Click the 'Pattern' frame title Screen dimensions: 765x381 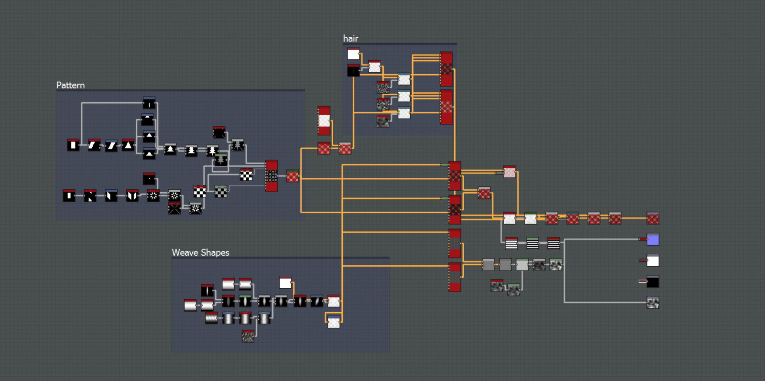pos(70,85)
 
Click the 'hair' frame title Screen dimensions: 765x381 pos(350,39)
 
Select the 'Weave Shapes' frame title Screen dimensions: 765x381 pos(200,252)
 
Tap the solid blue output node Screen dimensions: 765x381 pos(653,239)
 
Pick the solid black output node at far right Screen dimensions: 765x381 pos(653,282)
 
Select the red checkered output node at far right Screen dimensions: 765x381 pos(653,218)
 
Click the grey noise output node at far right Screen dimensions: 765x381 pos(653,303)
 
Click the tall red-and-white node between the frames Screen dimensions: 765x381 pos(324,120)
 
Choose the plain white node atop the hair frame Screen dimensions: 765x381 pos(353,54)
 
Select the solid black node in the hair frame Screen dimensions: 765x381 pos(353,70)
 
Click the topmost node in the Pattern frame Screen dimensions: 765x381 pos(149,103)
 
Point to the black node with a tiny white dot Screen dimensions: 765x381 pos(149,179)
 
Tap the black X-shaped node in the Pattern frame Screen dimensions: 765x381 pos(174,208)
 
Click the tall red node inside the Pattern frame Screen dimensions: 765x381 pos(272,176)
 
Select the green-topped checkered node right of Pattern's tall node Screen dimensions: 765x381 pos(292,176)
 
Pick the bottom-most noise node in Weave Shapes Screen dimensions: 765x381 pos(248,336)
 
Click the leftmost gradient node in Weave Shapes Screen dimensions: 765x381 pos(190,305)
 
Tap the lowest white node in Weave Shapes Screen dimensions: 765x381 pos(334,322)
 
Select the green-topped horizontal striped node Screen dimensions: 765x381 pos(533,243)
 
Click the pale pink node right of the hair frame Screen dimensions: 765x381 pos(509,172)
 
